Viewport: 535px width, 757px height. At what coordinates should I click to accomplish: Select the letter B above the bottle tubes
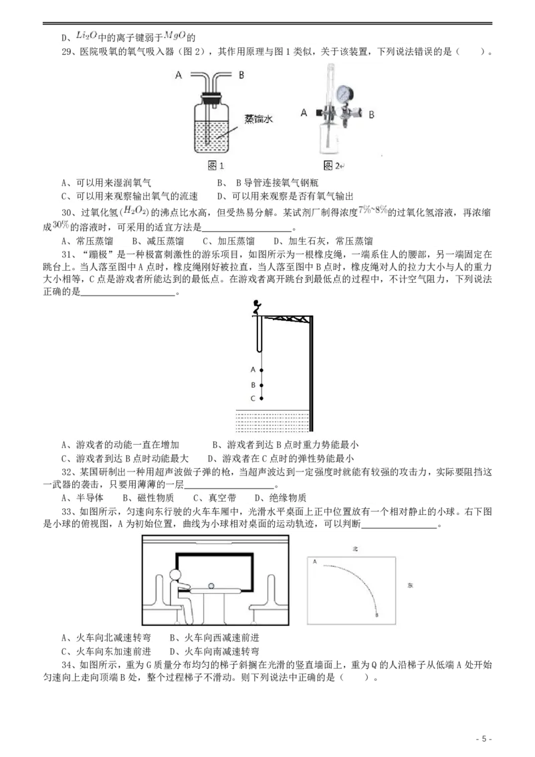click(241, 75)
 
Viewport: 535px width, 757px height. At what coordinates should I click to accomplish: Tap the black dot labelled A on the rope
click(261, 370)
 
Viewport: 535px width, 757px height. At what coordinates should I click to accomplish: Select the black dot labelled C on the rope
click(261, 399)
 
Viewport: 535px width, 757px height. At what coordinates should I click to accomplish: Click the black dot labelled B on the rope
click(261, 385)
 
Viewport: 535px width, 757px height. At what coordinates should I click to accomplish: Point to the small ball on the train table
click(212, 586)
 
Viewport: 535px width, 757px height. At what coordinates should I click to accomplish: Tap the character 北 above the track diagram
click(356, 548)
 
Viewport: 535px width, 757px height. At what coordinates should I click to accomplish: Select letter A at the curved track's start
click(314, 562)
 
